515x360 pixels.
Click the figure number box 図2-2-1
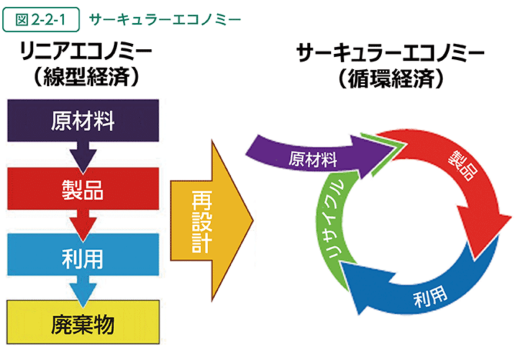[x=41, y=20]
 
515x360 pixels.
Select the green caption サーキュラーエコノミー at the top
[x=165, y=20]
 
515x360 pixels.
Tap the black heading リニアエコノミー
[x=85, y=52]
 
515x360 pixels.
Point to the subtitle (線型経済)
[x=86, y=77]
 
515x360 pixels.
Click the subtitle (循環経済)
[x=391, y=79]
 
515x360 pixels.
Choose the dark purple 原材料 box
[x=83, y=121]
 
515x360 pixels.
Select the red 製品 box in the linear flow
[x=83, y=189]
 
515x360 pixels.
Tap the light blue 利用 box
[x=83, y=254]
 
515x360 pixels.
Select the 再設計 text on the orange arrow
[x=201, y=221]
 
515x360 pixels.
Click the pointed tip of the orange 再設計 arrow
[x=253, y=220]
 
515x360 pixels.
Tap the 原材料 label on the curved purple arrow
[x=313, y=159]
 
